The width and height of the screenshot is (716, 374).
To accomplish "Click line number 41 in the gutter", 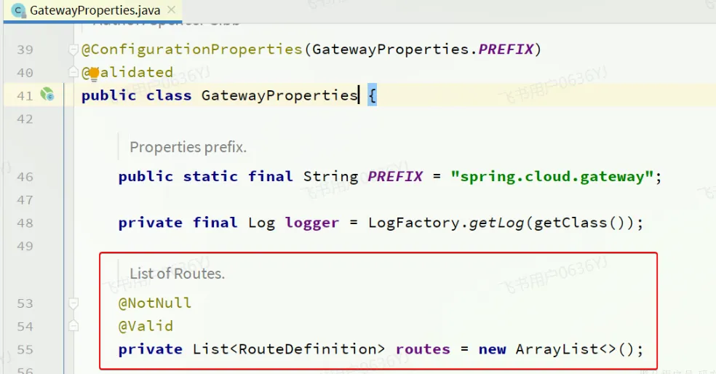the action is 25,95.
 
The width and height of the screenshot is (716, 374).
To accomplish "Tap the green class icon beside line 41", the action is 47,94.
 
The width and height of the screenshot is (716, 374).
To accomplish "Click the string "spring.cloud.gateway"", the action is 552,176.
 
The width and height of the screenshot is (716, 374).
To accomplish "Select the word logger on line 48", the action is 311,223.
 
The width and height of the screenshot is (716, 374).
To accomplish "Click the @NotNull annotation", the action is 155,303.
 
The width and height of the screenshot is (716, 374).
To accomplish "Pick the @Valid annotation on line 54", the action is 146,326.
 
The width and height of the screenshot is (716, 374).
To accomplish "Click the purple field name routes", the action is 423,349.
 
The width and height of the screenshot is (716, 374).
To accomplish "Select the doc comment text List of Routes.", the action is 177,274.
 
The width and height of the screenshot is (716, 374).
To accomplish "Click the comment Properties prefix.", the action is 188,147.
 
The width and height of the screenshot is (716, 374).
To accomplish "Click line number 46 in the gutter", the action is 25,176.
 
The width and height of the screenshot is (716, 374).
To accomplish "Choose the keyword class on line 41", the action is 168,95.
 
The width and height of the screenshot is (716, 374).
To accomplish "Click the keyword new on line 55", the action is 492,349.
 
